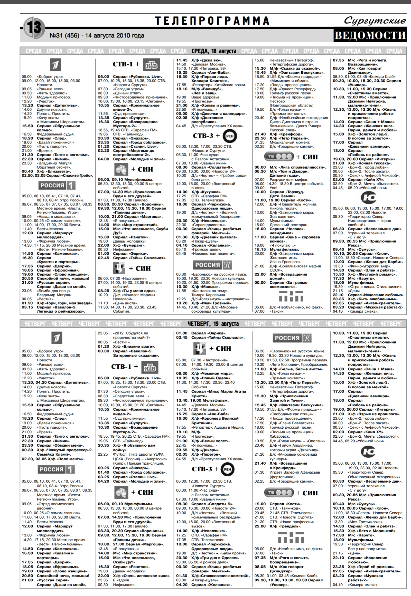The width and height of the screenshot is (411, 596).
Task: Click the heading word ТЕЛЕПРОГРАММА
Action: (x=212, y=21)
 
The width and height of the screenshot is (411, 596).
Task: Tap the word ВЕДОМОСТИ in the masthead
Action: (x=370, y=35)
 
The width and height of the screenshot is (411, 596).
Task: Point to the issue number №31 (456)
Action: (x=64, y=35)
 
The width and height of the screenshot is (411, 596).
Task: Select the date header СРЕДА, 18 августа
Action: (x=213, y=51)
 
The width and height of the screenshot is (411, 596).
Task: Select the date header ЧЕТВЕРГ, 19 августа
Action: (x=213, y=324)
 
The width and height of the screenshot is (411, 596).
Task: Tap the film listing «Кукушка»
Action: (x=206, y=192)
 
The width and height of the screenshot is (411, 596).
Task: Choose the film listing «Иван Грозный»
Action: (x=211, y=303)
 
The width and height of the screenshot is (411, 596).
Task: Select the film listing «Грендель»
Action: (x=285, y=526)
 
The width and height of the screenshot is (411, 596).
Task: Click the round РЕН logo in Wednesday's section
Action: (x=230, y=136)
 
